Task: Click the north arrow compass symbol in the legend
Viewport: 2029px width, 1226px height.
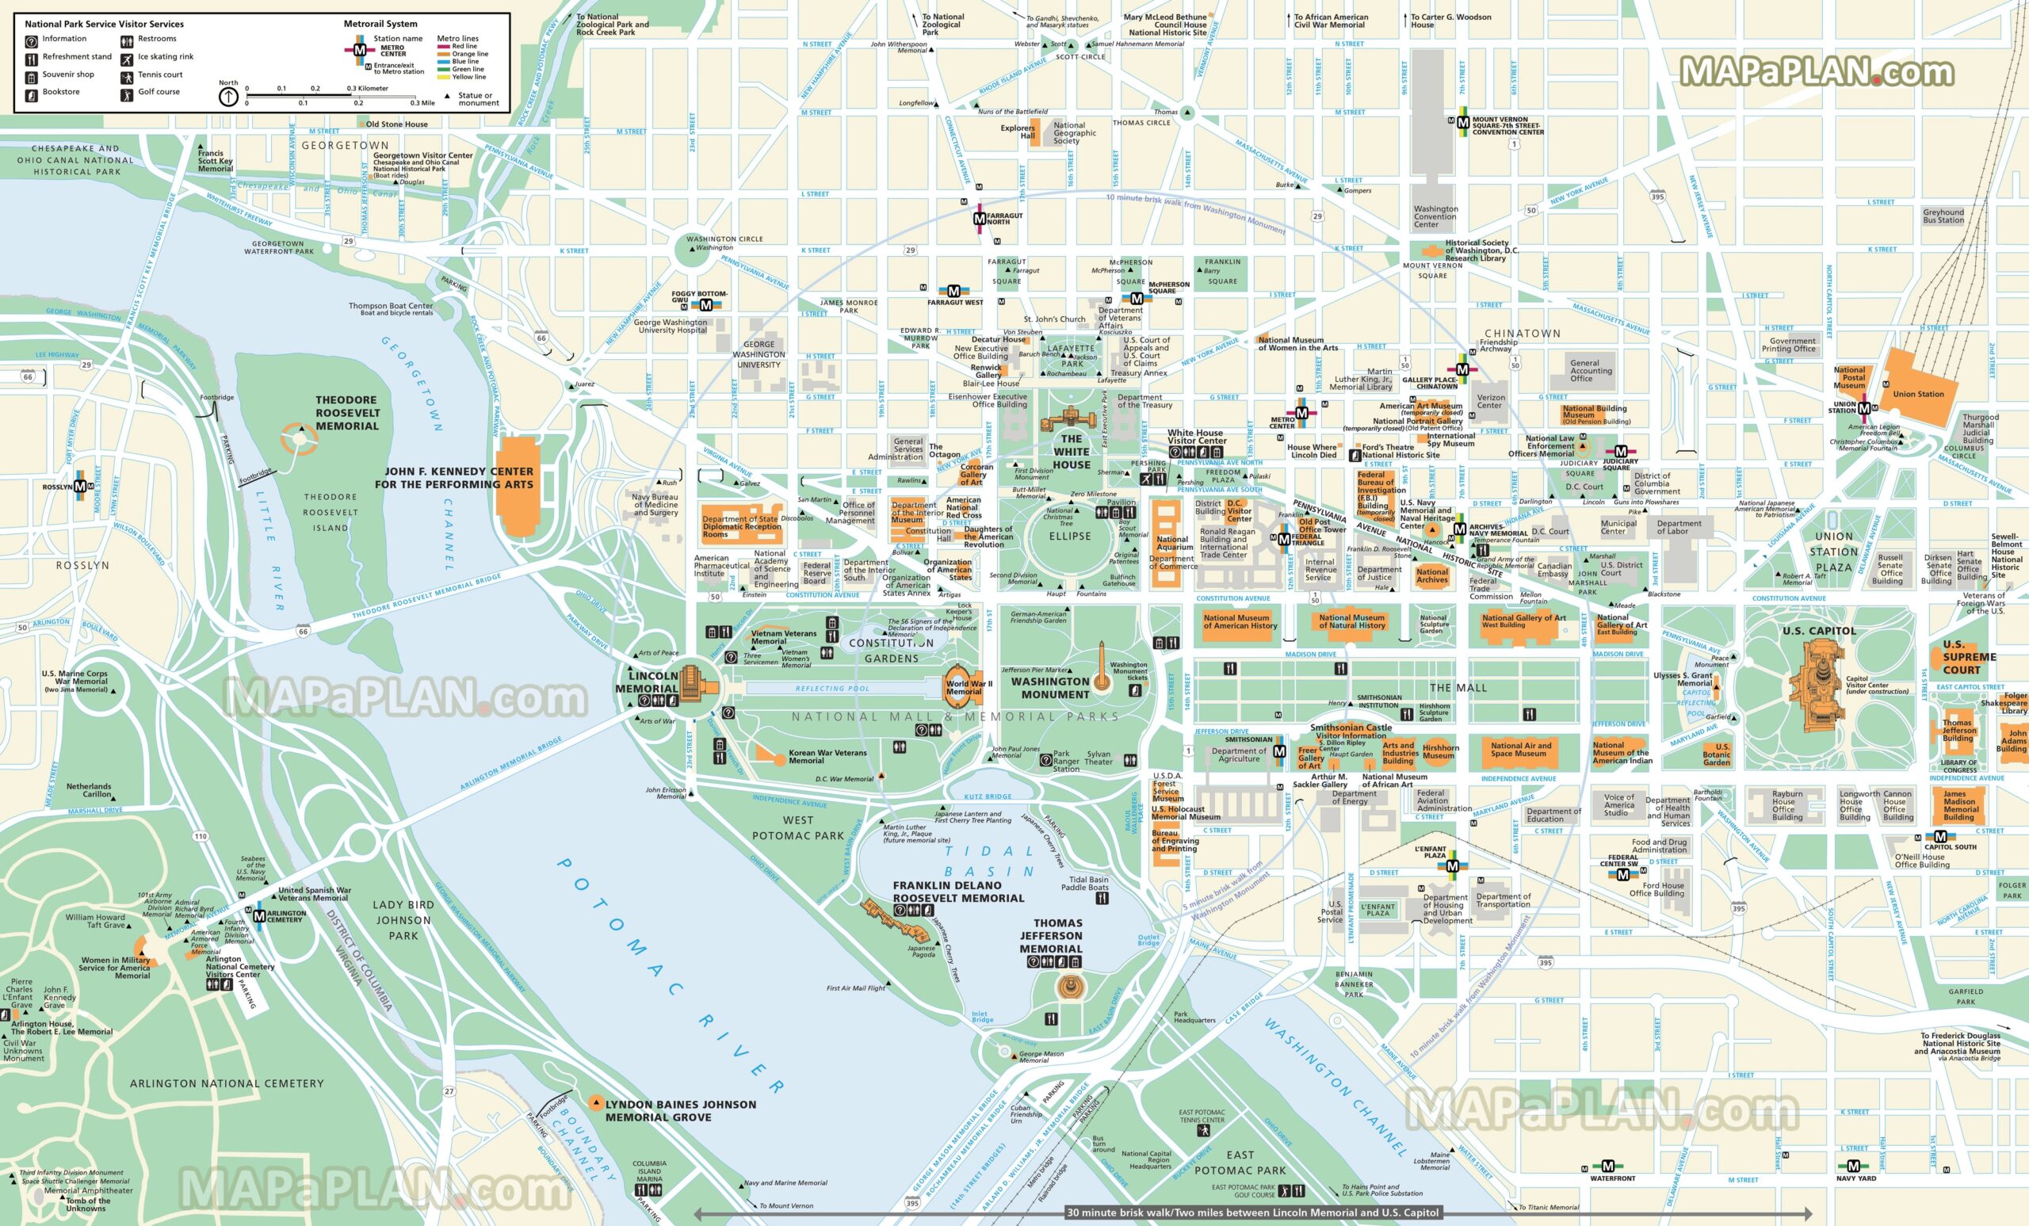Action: (x=228, y=97)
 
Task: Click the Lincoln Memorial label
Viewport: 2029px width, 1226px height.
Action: (x=648, y=682)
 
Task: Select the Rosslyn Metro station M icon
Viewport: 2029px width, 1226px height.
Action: (x=80, y=487)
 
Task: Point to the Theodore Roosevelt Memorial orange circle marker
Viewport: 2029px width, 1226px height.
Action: (x=297, y=437)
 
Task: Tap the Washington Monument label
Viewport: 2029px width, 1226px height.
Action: (x=1055, y=688)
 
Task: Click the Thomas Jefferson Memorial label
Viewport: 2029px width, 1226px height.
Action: (x=1051, y=935)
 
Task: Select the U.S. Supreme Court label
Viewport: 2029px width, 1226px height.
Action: (x=1969, y=656)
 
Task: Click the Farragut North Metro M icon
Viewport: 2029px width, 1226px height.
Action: (x=979, y=219)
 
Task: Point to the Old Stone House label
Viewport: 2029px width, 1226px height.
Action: (x=396, y=124)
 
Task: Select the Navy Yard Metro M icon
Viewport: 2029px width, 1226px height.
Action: (x=1854, y=1166)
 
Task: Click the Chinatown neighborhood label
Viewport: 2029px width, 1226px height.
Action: (x=1522, y=334)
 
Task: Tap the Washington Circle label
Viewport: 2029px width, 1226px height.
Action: (x=724, y=239)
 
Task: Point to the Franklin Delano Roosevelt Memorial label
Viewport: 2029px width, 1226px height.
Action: (x=957, y=892)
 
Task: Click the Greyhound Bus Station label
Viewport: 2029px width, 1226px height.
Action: (x=1943, y=216)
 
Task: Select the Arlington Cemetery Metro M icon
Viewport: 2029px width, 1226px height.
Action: (x=259, y=915)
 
